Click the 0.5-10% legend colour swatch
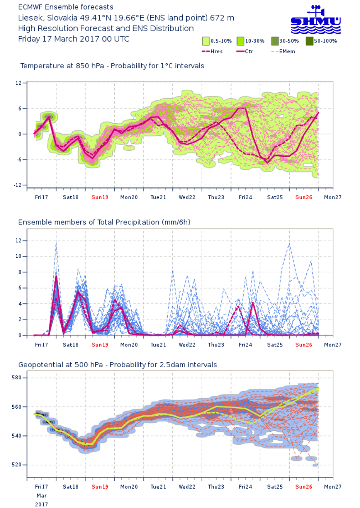coord(206,41)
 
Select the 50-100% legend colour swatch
coord(309,41)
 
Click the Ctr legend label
coord(249,51)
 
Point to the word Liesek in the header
coord(29,18)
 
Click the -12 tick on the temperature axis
coord(18,185)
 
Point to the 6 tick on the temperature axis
coord(20,108)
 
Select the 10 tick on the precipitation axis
coord(18,256)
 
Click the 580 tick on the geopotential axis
coord(17,378)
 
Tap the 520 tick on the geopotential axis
coord(17,465)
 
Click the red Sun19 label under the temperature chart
coord(100,197)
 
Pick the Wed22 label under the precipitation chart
coord(187,345)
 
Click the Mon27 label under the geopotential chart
coord(332,487)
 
